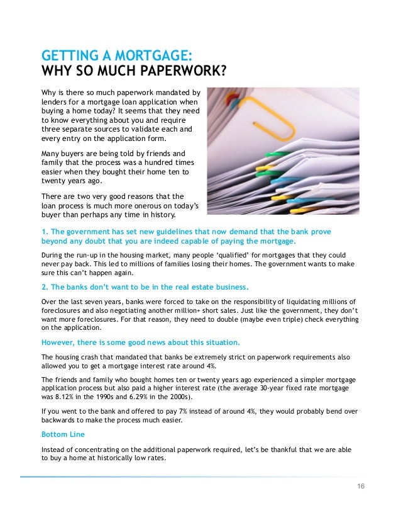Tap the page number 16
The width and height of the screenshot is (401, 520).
pos(360,487)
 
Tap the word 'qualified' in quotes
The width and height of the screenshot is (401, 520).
pos(223,255)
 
